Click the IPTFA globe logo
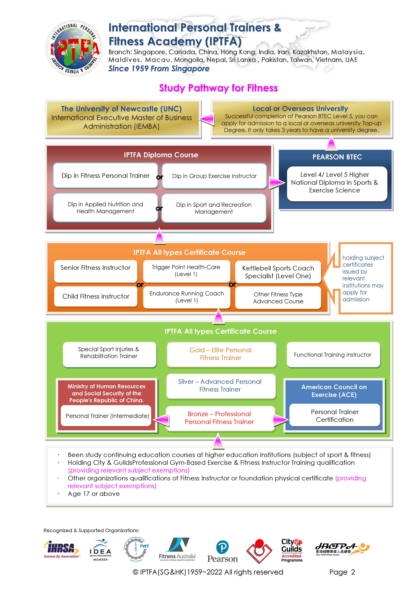[x=74, y=48]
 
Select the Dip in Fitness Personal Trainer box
[x=106, y=175]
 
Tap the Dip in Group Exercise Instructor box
[x=214, y=176]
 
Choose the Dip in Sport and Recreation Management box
[x=214, y=208]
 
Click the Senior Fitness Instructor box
[x=96, y=271]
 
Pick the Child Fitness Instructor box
[x=96, y=296]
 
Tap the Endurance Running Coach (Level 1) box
[x=187, y=297]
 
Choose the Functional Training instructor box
[x=333, y=354]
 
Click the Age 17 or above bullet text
[x=94, y=494]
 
